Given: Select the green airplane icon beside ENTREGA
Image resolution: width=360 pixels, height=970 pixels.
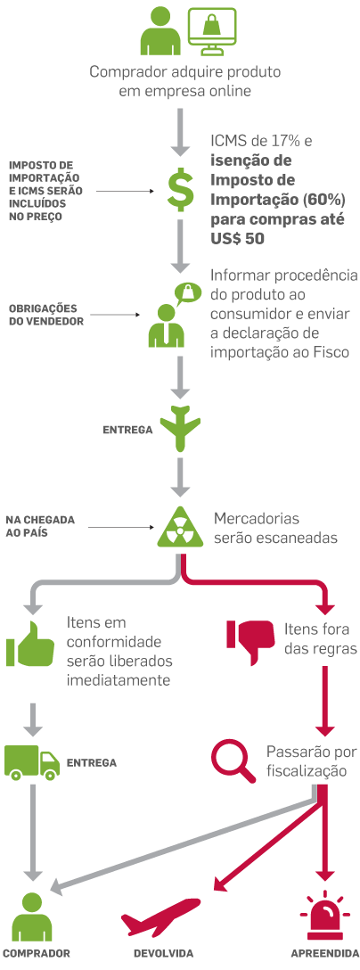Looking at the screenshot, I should click(x=182, y=429).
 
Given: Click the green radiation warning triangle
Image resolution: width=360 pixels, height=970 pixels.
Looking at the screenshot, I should click(x=181, y=528).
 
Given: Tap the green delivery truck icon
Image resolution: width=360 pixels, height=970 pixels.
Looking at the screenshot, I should click(x=31, y=761).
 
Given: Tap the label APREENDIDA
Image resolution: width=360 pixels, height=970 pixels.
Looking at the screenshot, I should click(x=325, y=954).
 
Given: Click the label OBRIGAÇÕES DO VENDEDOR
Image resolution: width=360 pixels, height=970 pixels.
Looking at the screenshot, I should click(x=45, y=315).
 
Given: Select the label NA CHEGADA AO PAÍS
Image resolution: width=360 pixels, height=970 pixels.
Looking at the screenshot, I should click(x=40, y=525).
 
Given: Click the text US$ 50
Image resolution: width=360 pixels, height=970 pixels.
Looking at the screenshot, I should click(x=237, y=239).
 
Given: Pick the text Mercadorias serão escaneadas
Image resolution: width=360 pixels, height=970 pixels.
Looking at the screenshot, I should click(x=275, y=528).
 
